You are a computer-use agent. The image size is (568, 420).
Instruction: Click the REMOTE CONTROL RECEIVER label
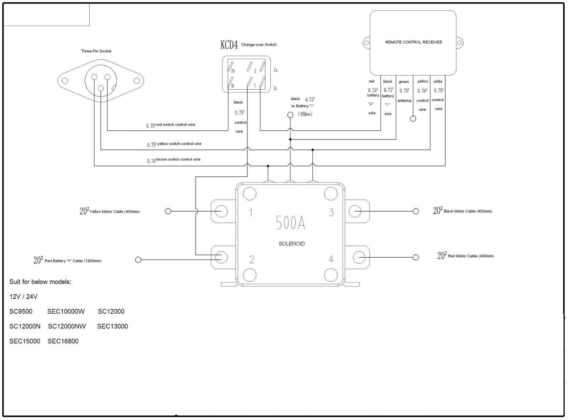[x=414, y=42]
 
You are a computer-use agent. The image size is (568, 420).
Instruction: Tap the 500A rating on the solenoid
[x=290, y=222]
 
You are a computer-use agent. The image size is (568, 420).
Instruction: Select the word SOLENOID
[x=292, y=244]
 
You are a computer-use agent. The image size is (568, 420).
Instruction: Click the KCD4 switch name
[x=229, y=45]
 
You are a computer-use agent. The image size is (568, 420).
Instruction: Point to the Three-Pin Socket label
[x=96, y=51]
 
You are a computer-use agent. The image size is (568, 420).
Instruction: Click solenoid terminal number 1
[x=251, y=213]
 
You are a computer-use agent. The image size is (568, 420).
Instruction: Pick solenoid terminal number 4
[x=331, y=260]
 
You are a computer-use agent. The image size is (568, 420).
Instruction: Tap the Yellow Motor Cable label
[x=114, y=212]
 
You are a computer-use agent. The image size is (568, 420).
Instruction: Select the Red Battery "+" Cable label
[x=73, y=261]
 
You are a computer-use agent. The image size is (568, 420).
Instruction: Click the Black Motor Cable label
[x=468, y=211]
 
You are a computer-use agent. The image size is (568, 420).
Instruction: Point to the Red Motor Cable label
[x=471, y=256]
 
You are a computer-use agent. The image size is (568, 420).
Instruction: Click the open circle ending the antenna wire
[x=413, y=119]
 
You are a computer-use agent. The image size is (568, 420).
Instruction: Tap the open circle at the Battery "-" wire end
[x=290, y=115]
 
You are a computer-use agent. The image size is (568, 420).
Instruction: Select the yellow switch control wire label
[x=179, y=144]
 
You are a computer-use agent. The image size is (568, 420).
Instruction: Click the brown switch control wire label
[x=178, y=159]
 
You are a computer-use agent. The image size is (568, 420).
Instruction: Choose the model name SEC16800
[x=63, y=341]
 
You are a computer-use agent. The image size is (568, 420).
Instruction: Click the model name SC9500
[x=21, y=311]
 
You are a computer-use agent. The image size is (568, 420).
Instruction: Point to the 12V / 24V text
[x=23, y=297]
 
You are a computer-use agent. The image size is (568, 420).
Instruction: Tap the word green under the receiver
[x=404, y=82]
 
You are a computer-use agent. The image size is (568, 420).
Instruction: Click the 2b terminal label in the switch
[x=233, y=71]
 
